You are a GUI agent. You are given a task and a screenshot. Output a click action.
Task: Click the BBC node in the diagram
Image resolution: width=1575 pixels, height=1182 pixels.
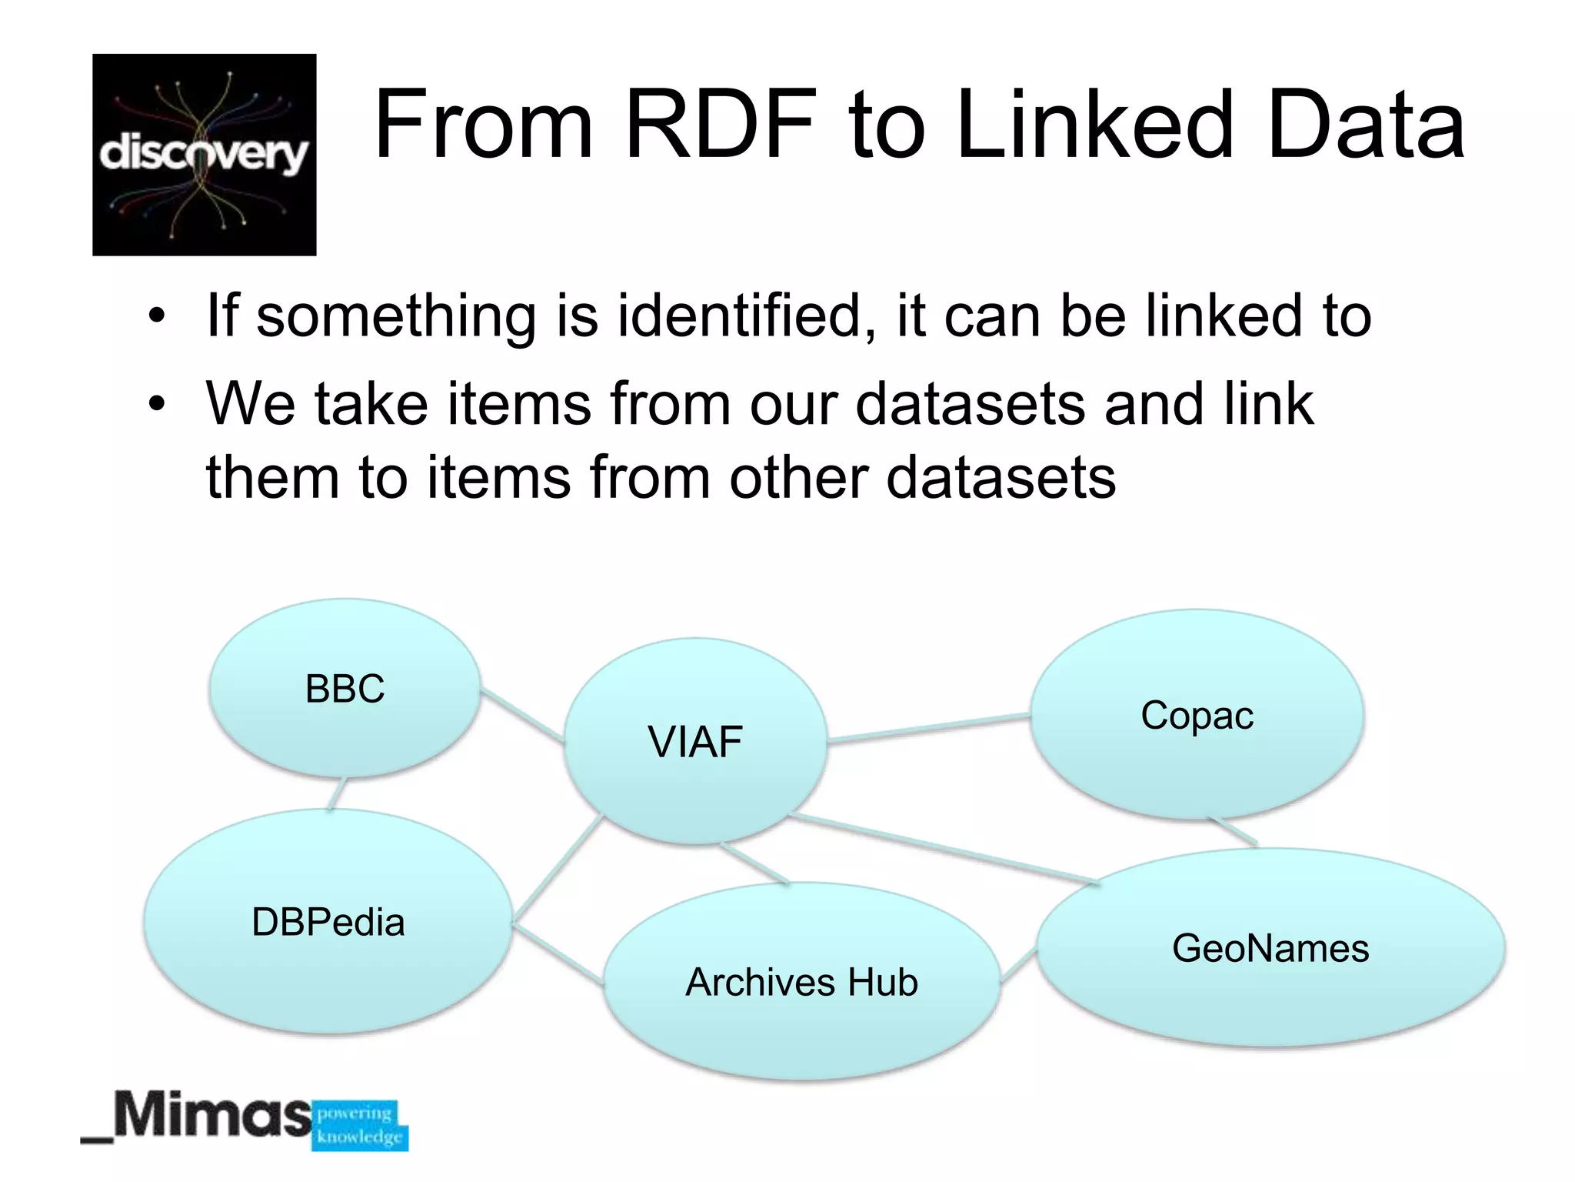tap(345, 688)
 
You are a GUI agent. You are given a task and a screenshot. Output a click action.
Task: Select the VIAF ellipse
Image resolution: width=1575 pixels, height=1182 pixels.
tap(695, 741)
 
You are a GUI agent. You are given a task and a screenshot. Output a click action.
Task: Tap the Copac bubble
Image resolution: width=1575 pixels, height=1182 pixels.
tap(1197, 715)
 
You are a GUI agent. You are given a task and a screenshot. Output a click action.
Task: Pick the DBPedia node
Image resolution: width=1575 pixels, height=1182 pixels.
tap(328, 921)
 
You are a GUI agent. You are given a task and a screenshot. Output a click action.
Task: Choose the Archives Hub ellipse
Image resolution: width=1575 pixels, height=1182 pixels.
tap(801, 982)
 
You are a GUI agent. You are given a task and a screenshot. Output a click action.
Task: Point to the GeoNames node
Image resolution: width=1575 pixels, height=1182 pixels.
tap(1270, 947)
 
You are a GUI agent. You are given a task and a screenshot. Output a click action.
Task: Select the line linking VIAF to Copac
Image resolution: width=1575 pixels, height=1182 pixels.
tap(928, 729)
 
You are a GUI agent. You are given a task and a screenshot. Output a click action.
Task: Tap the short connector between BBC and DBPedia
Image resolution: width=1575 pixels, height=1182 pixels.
tap(336, 793)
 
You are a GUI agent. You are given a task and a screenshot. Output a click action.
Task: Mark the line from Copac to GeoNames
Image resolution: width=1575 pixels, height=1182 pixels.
tap(1234, 831)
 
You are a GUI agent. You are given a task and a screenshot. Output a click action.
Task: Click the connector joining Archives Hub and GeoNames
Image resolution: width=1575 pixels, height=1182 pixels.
tap(1018, 966)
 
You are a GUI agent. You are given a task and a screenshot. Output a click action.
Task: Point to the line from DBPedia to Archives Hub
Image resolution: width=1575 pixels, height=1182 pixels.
tap(558, 954)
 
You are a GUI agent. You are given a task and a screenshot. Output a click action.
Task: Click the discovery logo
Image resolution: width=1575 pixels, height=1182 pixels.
tap(205, 155)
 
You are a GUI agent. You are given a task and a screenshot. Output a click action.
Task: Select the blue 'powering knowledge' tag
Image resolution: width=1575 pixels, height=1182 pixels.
tap(360, 1125)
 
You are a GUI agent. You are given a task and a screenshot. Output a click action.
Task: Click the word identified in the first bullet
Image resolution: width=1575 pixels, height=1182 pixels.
tap(738, 316)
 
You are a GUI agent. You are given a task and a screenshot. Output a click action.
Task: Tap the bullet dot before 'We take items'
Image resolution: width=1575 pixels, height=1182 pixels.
tap(158, 403)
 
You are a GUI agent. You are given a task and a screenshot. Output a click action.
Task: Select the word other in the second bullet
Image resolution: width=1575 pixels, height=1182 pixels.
tap(798, 477)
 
